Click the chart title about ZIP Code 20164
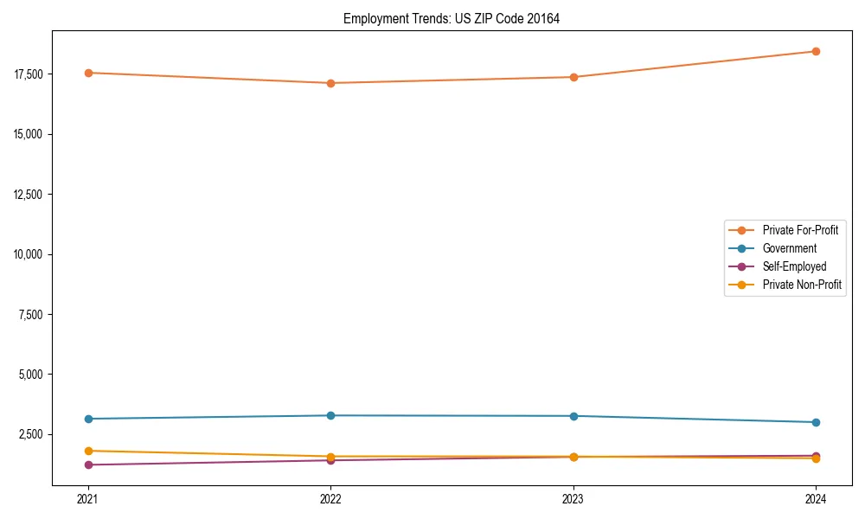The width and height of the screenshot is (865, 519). tap(451, 19)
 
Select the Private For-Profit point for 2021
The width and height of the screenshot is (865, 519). tap(87, 73)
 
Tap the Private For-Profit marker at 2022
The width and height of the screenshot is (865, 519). tap(330, 83)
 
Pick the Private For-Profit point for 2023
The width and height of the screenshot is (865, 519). tap(573, 77)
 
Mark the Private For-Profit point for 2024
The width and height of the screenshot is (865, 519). tap(816, 51)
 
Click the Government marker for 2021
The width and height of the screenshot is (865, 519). tap(87, 419)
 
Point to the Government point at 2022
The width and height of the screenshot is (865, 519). tap(330, 415)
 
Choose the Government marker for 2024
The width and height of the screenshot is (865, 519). tap(816, 422)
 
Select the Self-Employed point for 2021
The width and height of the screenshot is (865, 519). tap(87, 465)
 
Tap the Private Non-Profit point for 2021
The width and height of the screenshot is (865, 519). tap(87, 451)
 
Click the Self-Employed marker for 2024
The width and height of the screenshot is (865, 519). tap(816, 455)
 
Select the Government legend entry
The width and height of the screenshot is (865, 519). tap(789, 248)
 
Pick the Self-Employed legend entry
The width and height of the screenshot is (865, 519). tap(794, 266)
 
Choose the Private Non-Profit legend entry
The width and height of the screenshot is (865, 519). tap(802, 285)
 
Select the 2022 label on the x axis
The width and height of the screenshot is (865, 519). tap(330, 498)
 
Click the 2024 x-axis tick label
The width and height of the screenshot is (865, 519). tap(816, 498)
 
